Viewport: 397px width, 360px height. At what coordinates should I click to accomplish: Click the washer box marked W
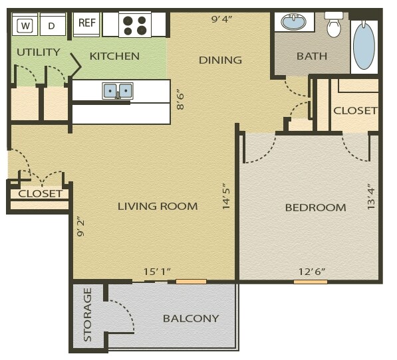[25, 26]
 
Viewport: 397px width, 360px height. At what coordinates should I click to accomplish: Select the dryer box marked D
[52, 26]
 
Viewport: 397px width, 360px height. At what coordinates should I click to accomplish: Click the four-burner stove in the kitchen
[135, 25]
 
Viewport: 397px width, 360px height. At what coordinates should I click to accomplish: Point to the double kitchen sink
[118, 90]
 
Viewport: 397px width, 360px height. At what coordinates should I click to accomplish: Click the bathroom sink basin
[294, 23]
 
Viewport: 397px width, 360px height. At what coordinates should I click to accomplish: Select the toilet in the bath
[334, 25]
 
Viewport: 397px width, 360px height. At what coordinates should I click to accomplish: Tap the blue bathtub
[364, 45]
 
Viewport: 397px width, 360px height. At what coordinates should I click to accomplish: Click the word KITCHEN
[114, 56]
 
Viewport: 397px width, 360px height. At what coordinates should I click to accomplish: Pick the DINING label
[220, 60]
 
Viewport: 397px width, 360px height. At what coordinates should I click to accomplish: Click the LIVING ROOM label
[158, 207]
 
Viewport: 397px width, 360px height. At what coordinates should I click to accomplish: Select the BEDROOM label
[315, 208]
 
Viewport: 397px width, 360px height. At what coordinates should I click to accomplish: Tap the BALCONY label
[191, 319]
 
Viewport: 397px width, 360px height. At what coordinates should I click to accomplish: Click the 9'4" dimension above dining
[221, 19]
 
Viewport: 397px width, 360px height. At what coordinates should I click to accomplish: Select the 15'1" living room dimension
[158, 272]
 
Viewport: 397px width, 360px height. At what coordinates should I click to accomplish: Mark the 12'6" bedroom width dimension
[311, 272]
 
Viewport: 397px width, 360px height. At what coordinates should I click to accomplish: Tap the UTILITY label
[38, 52]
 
